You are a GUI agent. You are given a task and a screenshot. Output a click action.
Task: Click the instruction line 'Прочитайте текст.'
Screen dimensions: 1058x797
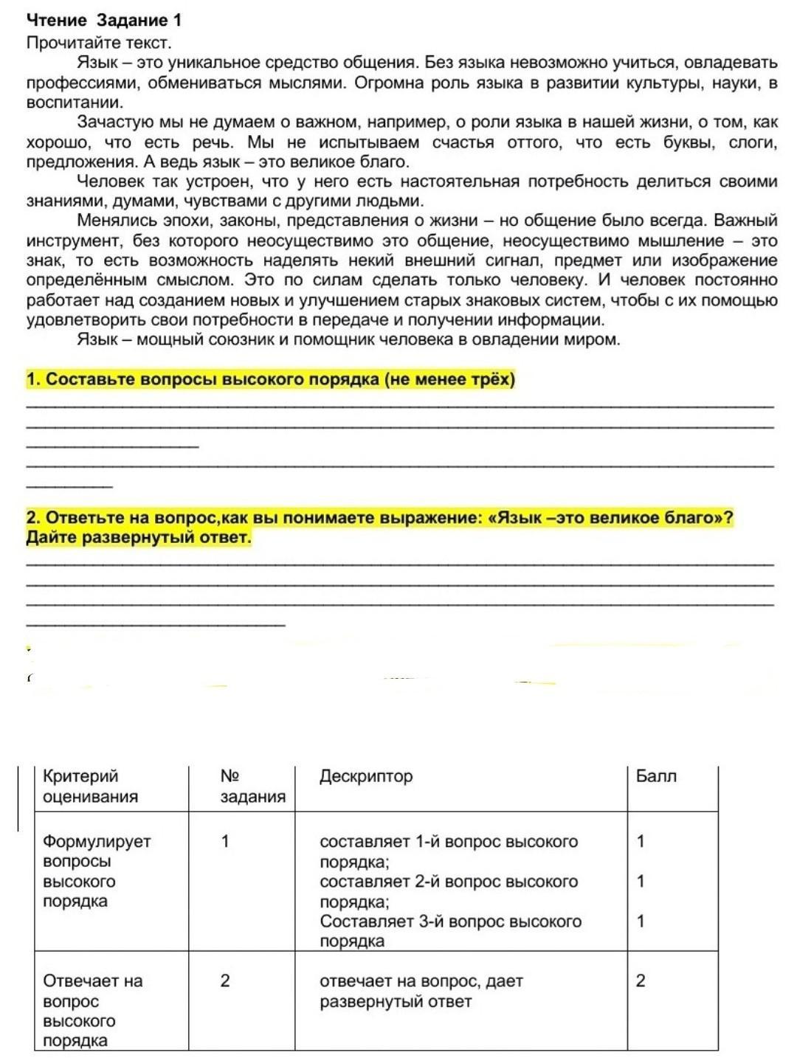tap(98, 43)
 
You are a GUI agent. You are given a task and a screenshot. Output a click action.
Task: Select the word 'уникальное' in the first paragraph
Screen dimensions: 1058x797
tap(208, 63)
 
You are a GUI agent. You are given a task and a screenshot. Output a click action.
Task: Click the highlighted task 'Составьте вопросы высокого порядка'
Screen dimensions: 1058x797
tap(270, 379)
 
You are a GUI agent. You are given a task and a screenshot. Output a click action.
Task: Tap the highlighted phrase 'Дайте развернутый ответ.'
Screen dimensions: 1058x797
tap(139, 537)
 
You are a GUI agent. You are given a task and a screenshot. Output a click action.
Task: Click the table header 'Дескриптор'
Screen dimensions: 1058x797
tap(366, 776)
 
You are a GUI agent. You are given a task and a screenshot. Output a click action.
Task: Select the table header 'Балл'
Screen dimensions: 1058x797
tap(656, 776)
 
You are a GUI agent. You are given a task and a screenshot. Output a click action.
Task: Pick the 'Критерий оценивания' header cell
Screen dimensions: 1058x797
tap(91, 786)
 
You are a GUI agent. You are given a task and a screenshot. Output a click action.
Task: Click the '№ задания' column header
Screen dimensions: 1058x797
tap(252, 786)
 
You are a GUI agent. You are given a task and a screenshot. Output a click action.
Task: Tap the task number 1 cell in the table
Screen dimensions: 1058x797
tap(225, 841)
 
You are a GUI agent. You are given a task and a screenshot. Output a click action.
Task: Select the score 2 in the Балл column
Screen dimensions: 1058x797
tap(641, 981)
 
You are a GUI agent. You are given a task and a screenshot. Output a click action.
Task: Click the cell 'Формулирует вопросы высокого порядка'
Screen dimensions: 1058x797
tap(97, 871)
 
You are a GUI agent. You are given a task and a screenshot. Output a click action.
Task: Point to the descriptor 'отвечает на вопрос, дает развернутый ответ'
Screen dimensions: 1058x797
tap(421, 991)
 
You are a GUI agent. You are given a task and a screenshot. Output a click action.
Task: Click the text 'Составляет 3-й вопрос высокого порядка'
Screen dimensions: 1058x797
tap(450, 931)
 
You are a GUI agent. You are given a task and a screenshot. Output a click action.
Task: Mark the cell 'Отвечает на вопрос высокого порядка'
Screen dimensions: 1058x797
tap(92, 1011)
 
